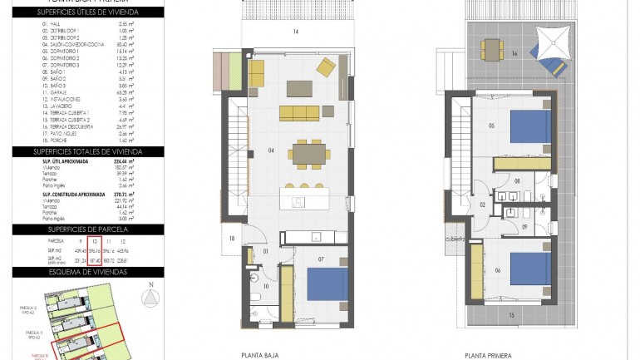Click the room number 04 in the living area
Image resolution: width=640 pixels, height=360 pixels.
point(271,150)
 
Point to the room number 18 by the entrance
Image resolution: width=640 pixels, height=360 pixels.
point(232,239)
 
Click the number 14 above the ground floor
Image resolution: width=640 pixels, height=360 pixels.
point(294,32)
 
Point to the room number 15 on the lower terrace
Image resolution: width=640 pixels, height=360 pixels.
point(512,314)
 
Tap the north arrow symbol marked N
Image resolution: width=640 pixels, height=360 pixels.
point(150,297)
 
